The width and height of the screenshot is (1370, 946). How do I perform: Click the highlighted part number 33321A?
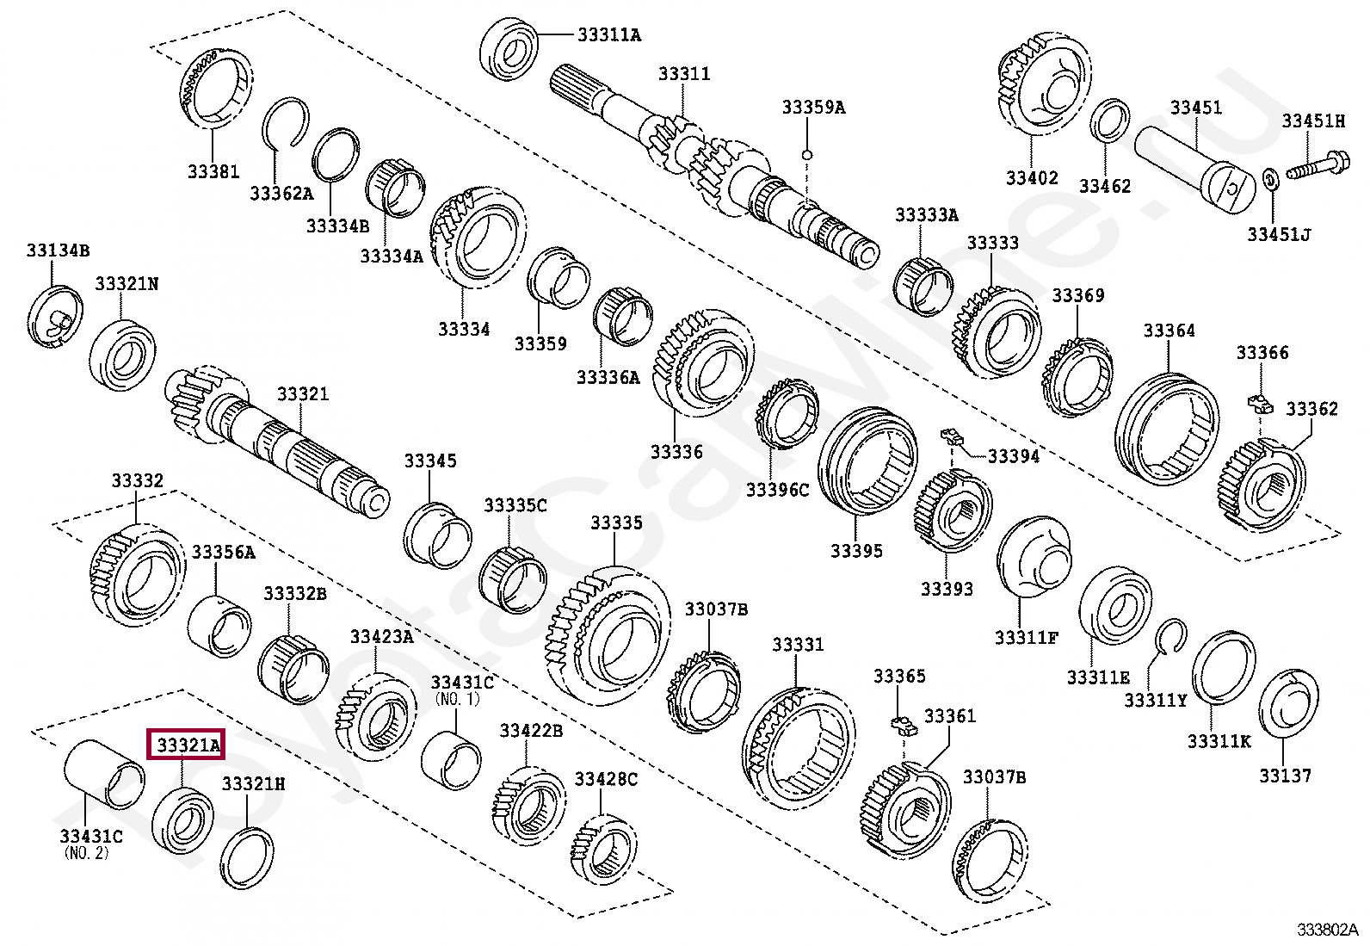point(186,745)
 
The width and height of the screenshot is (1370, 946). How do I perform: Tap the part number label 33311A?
point(609,35)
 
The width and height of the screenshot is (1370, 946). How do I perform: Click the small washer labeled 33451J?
point(1270,181)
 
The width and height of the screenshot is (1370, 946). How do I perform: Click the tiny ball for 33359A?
point(806,154)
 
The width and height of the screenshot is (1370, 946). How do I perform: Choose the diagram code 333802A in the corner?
point(1329,930)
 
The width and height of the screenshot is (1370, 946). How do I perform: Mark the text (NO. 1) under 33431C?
point(458,698)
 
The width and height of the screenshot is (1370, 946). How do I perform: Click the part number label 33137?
point(1286,776)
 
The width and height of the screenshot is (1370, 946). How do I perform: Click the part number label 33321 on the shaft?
point(302,393)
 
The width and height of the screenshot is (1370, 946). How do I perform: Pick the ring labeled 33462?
point(1111,123)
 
